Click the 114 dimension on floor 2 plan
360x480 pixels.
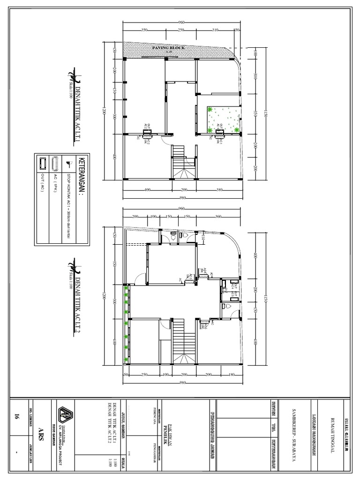[203, 239]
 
